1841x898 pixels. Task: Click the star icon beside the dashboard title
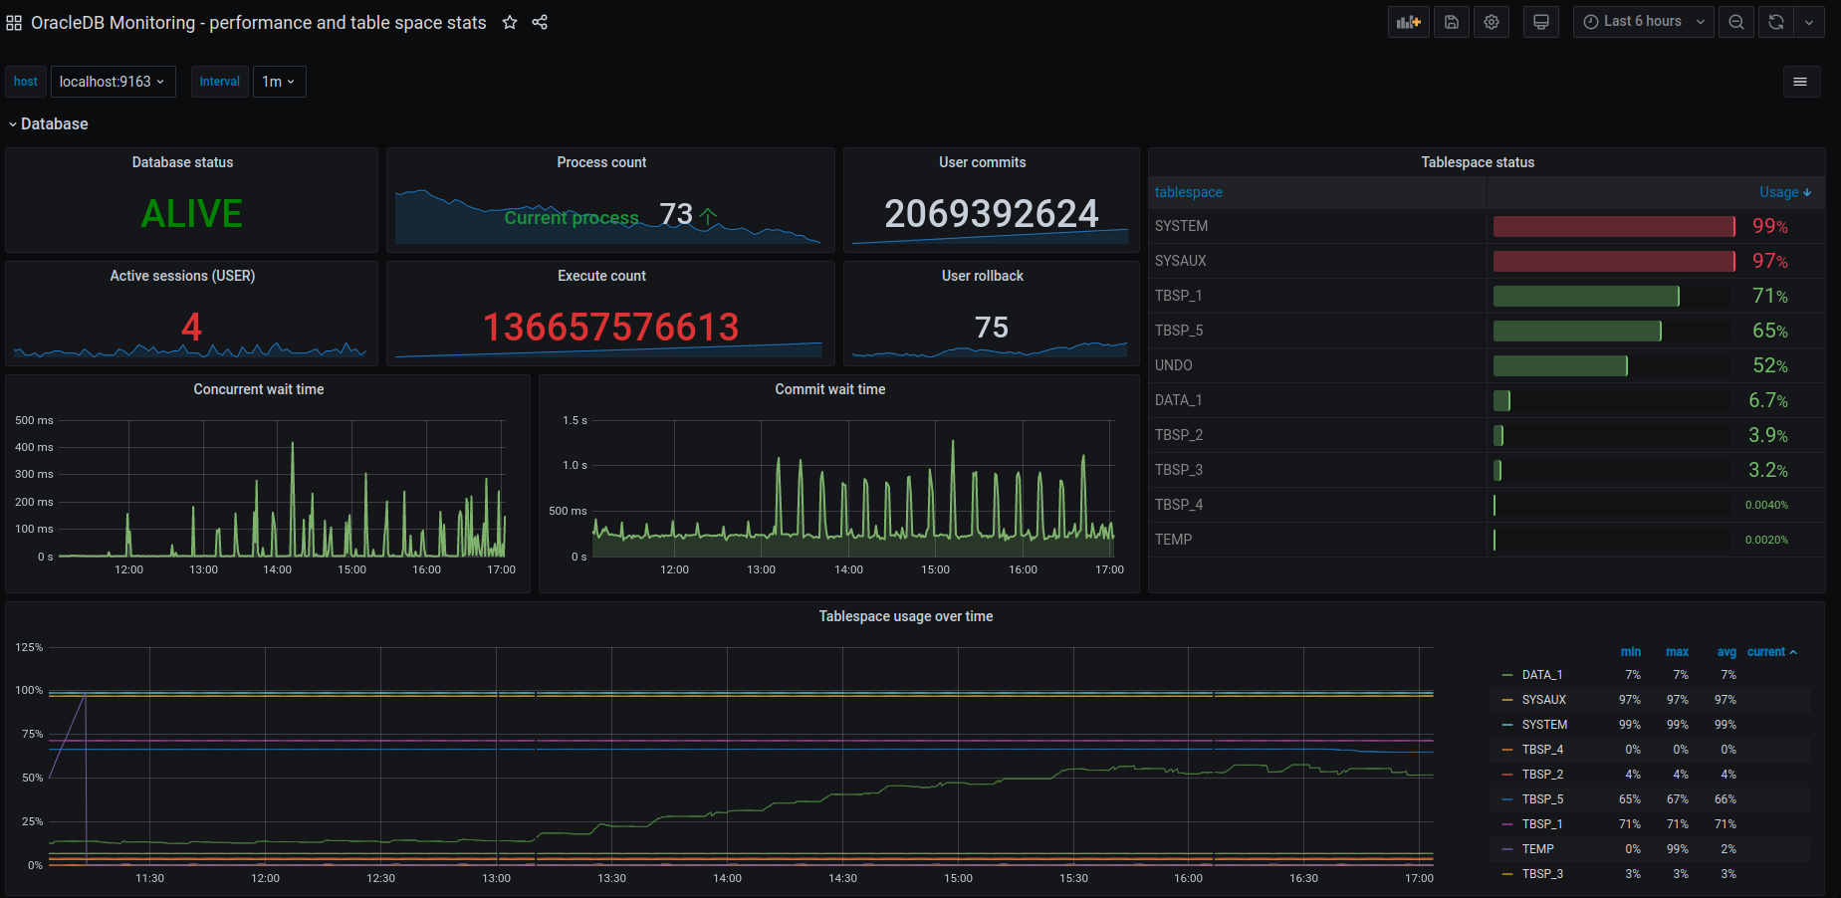(510, 22)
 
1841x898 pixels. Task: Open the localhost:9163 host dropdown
(113, 82)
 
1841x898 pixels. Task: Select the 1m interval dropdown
(279, 82)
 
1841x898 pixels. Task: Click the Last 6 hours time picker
(1643, 22)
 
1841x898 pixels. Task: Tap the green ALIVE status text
(191, 214)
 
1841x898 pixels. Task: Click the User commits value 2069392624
(991, 214)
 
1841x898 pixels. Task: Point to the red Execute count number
(610, 328)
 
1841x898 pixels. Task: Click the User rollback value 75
(991, 328)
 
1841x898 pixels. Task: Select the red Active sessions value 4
(191, 328)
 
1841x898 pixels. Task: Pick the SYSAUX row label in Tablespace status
(1181, 261)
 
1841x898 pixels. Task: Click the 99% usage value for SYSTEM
(1769, 226)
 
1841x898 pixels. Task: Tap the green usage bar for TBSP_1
(1585, 296)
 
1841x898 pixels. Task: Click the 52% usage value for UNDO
(1769, 365)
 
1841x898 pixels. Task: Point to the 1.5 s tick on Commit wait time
(575, 420)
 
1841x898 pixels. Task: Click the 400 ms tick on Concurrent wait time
(34, 447)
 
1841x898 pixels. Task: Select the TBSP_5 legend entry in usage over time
(1542, 799)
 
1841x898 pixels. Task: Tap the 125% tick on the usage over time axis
(29, 647)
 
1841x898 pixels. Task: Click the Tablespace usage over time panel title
(905, 616)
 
